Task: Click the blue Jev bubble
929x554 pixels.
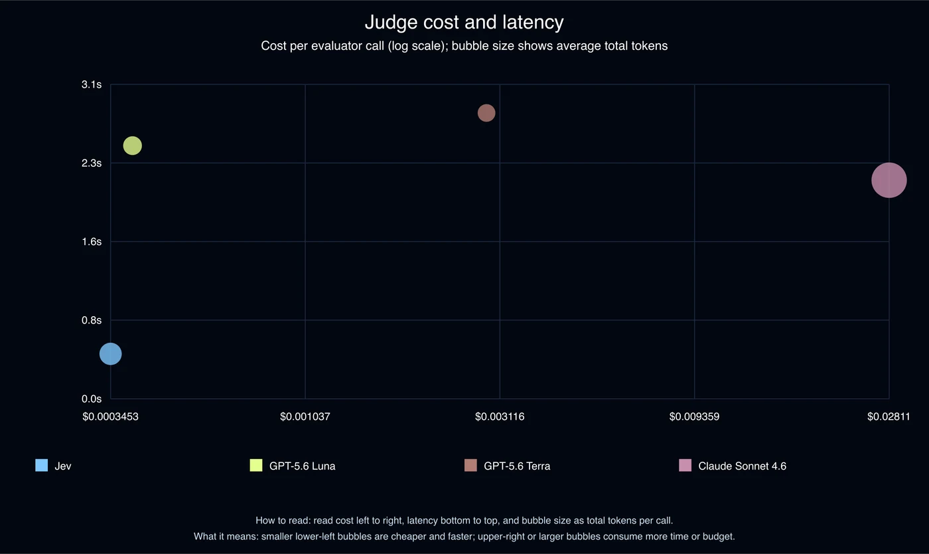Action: [x=110, y=354]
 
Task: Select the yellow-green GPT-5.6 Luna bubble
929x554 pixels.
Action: [x=132, y=145]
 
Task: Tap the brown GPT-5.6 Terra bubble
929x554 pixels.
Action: [x=486, y=113]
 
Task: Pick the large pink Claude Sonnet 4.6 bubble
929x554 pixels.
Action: [x=889, y=180]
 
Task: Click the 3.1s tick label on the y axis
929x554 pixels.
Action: [x=92, y=85]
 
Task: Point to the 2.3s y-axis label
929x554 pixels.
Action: [x=92, y=163]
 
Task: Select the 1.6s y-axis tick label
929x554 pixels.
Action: [x=92, y=242]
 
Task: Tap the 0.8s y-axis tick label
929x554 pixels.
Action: [x=92, y=320]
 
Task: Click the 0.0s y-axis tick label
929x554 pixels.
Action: [x=92, y=399]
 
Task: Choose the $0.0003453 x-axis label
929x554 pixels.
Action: [x=110, y=416]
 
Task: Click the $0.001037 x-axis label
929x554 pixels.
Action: [x=305, y=416]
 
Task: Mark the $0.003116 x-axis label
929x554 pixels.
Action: [x=500, y=416]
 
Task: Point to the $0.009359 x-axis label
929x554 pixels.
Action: [x=694, y=416]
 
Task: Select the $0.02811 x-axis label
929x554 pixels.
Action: [x=889, y=416]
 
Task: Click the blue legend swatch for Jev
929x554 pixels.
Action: [x=41, y=465]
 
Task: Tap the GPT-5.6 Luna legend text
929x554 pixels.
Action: [x=303, y=466]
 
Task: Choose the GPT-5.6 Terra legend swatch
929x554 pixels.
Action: [x=470, y=465]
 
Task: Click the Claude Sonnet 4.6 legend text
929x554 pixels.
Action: [x=743, y=466]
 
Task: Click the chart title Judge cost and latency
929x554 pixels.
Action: [x=464, y=23]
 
